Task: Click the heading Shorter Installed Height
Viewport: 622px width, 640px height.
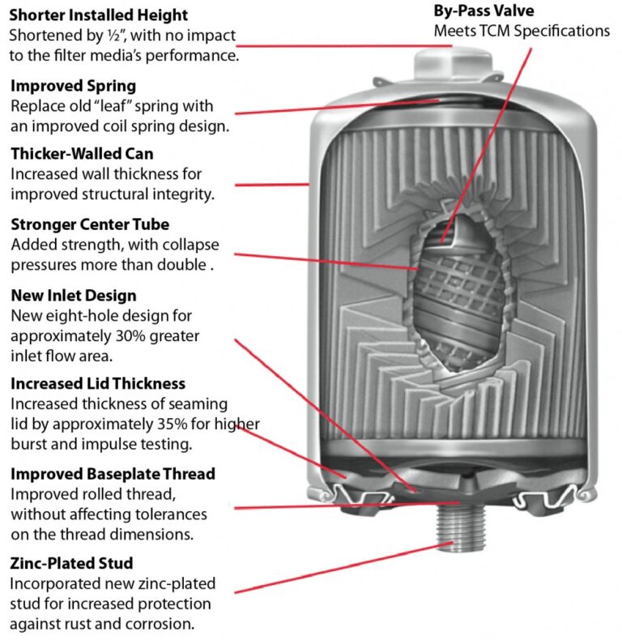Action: click(98, 15)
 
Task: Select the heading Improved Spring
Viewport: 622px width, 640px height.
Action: click(73, 85)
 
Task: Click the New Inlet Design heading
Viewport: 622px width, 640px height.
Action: click(73, 296)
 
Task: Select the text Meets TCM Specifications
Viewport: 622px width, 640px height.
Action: click(522, 31)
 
